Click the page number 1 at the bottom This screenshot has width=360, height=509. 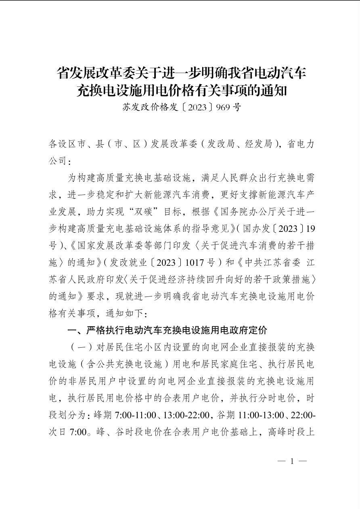(292, 461)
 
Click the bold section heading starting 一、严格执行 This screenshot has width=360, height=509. (167, 331)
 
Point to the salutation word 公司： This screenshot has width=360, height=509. (60, 161)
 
